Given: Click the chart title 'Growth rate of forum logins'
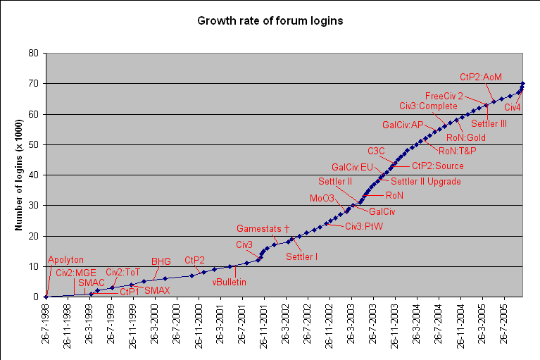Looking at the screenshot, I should tap(270, 21).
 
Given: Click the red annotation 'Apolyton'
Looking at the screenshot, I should tap(65, 260).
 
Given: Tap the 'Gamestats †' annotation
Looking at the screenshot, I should tap(263, 229).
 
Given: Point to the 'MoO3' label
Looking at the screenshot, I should tap(322, 198).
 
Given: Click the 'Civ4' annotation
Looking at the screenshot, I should tap(513, 107).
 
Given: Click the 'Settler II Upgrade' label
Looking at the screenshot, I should tap(425, 181).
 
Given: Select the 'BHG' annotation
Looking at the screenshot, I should tap(161, 261).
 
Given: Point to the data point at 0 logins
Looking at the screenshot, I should tap(46, 297).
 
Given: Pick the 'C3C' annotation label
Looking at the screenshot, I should tap(377, 151).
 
